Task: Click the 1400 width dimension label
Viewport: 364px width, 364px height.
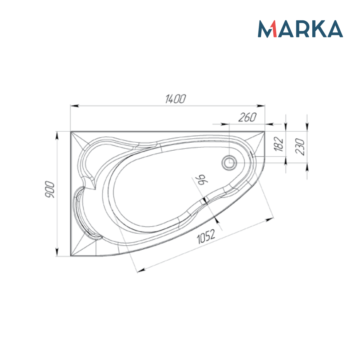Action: coord(175,99)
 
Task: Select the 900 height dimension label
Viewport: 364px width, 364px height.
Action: coord(50,189)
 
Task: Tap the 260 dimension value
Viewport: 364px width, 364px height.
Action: coord(248,117)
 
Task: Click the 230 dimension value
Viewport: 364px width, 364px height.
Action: coord(301,147)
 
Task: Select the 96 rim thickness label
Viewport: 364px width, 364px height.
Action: coord(202,180)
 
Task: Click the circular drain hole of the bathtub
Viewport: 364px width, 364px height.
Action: coord(229,163)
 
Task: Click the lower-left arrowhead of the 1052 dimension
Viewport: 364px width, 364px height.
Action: coord(140,270)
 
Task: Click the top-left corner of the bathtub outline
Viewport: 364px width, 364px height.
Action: coord(70,131)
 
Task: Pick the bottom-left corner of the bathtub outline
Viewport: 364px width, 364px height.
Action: coord(70,256)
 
